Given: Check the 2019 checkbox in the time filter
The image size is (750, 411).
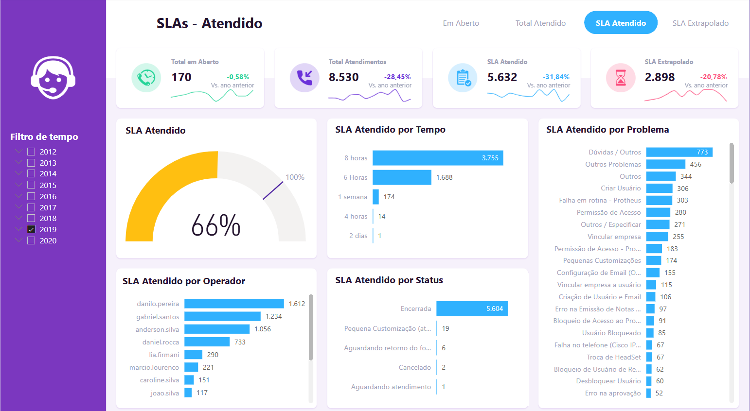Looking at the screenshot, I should click(31, 229).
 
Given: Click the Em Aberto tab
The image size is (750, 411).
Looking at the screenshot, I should click(461, 23).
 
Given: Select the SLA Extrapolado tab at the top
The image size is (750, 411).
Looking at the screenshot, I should click(700, 23).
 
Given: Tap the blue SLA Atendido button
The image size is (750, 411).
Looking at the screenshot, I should click(621, 23).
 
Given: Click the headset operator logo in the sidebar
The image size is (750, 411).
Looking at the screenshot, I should click(53, 78).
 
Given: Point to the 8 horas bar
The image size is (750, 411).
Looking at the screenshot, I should click(438, 158).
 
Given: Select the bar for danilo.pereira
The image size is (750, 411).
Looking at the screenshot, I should click(234, 304).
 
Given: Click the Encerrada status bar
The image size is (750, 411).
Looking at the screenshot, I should click(472, 308).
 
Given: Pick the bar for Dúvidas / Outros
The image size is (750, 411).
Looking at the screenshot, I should click(679, 152).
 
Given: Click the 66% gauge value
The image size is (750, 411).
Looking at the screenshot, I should click(216, 225).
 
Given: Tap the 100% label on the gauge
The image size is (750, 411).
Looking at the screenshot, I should click(295, 177).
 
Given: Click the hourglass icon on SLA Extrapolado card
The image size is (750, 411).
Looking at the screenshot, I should click(621, 78).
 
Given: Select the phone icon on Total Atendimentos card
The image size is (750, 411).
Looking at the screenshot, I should click(304, 78).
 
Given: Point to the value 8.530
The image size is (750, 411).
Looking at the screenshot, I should click(343, 77).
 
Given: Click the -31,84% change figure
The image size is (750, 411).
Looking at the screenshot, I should click(556, 77).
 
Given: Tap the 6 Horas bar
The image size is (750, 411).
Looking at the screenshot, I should click(402, 177).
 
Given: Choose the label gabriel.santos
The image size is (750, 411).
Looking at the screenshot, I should click(158, 317).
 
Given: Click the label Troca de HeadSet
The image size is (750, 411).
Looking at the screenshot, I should click(613, 357).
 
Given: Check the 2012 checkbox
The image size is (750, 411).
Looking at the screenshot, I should click(31, 152).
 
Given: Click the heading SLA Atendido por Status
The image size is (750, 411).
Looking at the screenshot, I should click(389, 280).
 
